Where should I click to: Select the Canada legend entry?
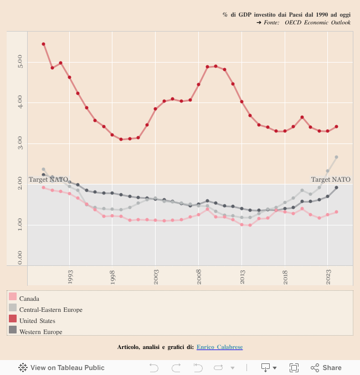pyautogui.click(x=29, y=299)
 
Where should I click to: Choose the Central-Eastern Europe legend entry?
pyautogui.click(x=50, y=310)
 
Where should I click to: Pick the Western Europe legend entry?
pyautogui.click(x=40, y=332)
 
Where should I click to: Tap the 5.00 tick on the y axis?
pyautogui.click(x=20, y=61)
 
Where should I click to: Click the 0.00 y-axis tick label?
pyautogui.click(x=20, y=258)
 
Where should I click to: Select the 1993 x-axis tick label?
pyautogui.click(x=70, y=276)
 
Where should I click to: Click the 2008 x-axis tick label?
pyautogui.click(x=199, y=276)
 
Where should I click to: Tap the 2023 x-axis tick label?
pyautogui.click(x=328, y=276)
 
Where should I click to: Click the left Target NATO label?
pyautogui.click(x=48, y=180)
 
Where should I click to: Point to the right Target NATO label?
pyautogui.click(x=331, y=180)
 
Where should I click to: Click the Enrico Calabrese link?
pyautogui.click(x=219, y=347)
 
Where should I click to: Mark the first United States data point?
pyautogui.click(x=44, y=44)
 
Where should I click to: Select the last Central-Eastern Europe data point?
pyautogui.click(x=336, y=157)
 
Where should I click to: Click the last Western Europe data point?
pyautogui.click(x=336, y=188)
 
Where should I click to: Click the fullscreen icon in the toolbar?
pyautogui.click(x=294, y=367)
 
